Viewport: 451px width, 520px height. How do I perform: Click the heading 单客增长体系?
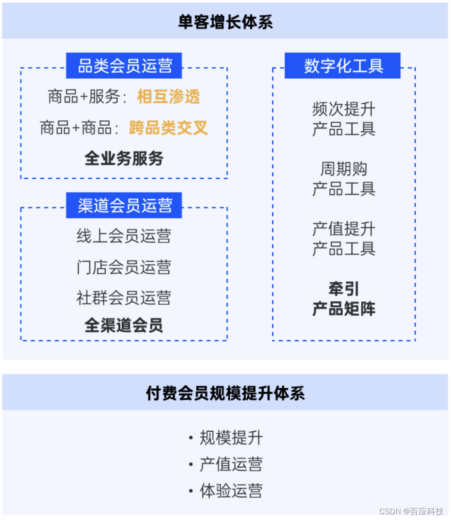coord(225,22)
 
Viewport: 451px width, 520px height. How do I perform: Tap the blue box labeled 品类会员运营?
coord(124,66)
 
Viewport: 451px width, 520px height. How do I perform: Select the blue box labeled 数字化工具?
coord(343,66)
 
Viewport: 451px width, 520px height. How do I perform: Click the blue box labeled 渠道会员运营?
coord(124,205)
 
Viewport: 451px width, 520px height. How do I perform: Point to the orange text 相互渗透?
coord(168,97)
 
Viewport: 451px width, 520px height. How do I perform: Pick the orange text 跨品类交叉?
coord(168,128)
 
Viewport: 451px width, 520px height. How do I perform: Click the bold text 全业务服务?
coord(124,159)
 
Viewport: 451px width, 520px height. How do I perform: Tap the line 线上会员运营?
coord(124,236)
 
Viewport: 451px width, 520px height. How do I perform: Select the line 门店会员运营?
coord(124,267)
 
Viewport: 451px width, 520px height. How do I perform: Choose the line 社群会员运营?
coord(124,298)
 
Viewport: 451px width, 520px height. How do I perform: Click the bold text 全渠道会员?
coord(124,326)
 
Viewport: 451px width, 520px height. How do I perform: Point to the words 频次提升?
coord(343,109)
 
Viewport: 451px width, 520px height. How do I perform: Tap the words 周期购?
coord(343,169)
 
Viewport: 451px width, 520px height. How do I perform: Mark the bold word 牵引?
coord(343,289)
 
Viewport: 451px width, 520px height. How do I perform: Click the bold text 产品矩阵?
coord(343,309)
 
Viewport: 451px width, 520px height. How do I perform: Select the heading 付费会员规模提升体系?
coord(225,393)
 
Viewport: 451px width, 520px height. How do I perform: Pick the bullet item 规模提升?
coord(231,438)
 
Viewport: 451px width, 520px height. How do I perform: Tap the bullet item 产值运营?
coord(231,465)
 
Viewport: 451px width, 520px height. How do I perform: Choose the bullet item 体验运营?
coord(231,491)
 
